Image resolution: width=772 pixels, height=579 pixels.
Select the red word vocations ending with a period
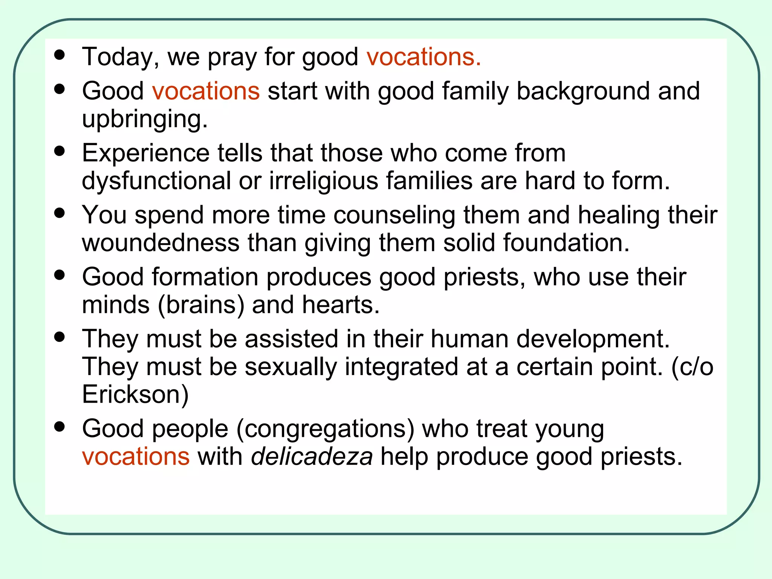pyautogui.click(x=424, y=57)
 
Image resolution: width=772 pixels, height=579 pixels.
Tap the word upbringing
pyautogui.click(x=145, y=120)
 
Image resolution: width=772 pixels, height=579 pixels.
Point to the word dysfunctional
pyautogui.click(x=156, y=181)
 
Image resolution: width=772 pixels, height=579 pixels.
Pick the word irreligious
pyautogui.click(x=323, y=181)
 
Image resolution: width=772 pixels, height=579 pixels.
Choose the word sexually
pyautogui.click(x=291, y=367)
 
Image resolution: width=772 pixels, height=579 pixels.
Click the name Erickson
pyautogui.click(x=135, y=395)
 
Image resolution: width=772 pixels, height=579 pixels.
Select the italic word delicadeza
pyautogui.click(x=312, y=457)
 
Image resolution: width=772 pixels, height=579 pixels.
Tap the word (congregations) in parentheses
pyautogui.click(x=325, y=429)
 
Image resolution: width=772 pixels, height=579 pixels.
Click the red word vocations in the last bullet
pyautogui.click(x=136, y=457)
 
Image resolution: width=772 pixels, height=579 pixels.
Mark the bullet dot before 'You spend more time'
pyautogui.click(x=60, y=213)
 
